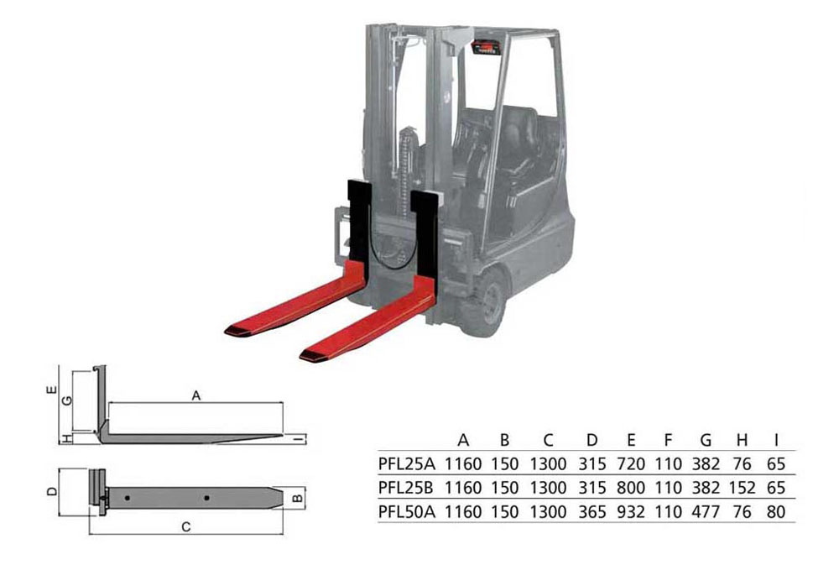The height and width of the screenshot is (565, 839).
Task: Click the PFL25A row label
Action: pos(407,463)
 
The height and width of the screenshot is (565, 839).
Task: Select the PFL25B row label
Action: pos(407,488)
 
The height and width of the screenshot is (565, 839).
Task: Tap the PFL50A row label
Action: pos(407,512)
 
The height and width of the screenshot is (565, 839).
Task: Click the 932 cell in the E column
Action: pos(631,512)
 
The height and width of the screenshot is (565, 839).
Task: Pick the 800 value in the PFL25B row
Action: pos(631,488)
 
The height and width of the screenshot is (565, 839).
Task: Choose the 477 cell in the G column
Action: pos(706,512)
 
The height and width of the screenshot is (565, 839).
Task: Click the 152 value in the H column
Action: pos(742,488)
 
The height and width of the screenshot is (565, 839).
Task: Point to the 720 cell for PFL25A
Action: pos(631,463)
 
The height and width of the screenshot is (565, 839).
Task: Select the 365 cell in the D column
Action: pos(591,512)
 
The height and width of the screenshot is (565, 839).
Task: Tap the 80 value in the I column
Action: pos(776,512)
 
